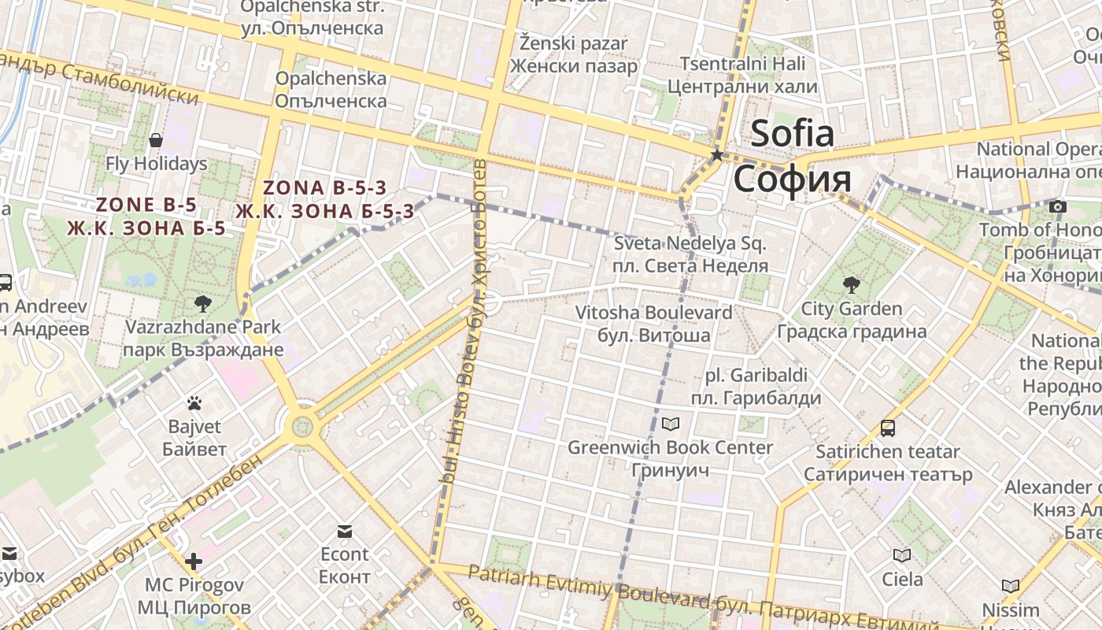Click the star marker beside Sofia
tap(716, 155)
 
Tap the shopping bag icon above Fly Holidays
tap(156, 140)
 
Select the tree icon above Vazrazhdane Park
tap(202, 303)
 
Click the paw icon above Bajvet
tap(194, 403)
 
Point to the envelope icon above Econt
tap(345, 531)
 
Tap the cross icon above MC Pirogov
tap(194, 561)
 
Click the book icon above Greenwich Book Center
tap(671, 424)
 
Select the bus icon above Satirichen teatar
tap(888, 428)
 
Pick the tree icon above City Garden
tap(851, 284)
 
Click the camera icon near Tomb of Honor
tap(1058, 206)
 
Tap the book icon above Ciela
tap(902, 556)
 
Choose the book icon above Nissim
tap(1011, 586)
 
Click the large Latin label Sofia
tap(791, 133)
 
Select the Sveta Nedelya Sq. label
tap(690, 244)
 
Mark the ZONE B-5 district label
tap(146, 205)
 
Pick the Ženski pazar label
tap(573, 44)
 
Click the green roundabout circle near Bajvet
tap(302, 428)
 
